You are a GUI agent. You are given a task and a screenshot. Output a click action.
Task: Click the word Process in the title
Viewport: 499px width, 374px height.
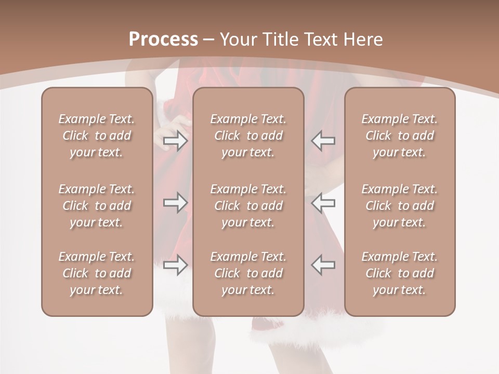[x=163, y=39]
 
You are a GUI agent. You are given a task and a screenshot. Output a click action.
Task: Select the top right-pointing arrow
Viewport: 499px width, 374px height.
[x=175, y=141]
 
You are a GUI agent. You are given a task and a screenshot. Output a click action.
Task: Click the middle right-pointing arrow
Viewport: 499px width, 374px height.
[x=175, y=202]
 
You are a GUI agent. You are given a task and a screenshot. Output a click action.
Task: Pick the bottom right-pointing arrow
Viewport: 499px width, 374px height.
[x=175, y=265]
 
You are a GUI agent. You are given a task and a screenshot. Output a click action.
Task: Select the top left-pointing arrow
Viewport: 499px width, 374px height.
[x=323, y=141]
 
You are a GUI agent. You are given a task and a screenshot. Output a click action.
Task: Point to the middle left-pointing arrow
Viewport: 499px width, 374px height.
[x=323, y=202]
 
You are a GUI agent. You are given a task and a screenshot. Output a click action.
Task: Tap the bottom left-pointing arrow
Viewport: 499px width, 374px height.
[x=323, y=265]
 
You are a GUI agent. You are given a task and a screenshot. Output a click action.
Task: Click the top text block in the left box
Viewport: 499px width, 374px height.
[x=97, y=136]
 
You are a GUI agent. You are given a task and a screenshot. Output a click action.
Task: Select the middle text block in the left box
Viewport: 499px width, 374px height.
[x=97, y=206]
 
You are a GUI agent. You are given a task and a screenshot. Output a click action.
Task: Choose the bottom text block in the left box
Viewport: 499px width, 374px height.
[x=97, y=273]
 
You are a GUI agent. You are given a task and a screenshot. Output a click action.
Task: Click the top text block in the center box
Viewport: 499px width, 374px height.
[x=248, y=136]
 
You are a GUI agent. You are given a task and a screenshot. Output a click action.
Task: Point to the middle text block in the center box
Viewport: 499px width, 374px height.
[x=248, y=206]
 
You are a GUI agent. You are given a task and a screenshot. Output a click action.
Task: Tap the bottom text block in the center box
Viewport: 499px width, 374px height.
[x=248, y=273]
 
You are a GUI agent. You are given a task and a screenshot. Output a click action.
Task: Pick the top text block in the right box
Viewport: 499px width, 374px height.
[x=400, y=136]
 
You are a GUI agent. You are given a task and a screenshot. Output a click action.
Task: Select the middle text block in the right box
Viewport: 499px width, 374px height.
[x=400, y=206]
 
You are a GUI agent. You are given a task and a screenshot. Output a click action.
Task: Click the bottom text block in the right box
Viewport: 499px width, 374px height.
[x=400, y=273]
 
